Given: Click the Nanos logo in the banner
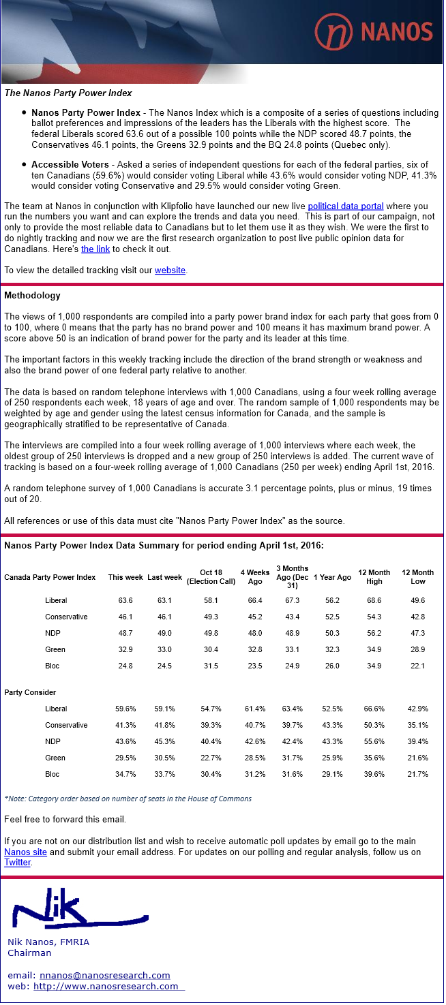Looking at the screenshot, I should pos(374,31).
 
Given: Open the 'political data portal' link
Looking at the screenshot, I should pos(345,206).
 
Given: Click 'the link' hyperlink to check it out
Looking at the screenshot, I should pos(95,249).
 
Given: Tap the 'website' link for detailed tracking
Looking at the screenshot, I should pos(170,270).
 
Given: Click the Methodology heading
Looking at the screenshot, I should pos(32,296).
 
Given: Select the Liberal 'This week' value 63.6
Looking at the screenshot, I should pos(125,601).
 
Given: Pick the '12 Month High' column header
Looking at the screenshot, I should pos(374,577).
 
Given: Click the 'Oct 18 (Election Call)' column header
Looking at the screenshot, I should pos(211,577).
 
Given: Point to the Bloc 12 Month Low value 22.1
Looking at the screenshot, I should pos(417,666).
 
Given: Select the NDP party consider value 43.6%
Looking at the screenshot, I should pos(125,742).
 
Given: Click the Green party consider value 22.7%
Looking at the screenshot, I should pos(211,758).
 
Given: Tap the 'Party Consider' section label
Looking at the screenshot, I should pos(30,693).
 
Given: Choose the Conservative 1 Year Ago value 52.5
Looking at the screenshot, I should pos(332,617).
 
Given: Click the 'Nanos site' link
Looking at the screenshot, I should pos(25,852).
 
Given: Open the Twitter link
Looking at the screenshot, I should pos(18,863).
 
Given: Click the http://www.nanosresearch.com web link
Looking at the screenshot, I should pos(106,987).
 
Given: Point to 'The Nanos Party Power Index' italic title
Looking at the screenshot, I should pos(68,93).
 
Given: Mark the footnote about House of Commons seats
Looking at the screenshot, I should pos(128,799).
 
